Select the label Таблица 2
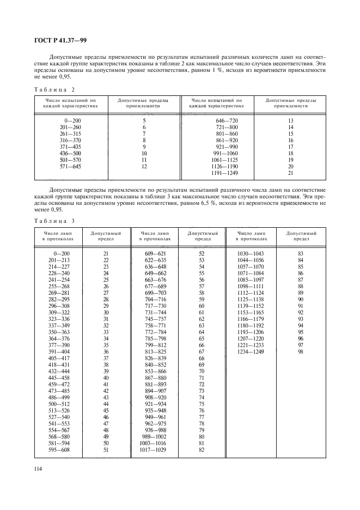[x=54, y=89]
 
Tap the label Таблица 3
[x=54, y=221]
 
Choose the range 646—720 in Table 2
[x=227, y=120]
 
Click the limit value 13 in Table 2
[x=290, y=120]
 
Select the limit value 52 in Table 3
[x=202, y=253]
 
